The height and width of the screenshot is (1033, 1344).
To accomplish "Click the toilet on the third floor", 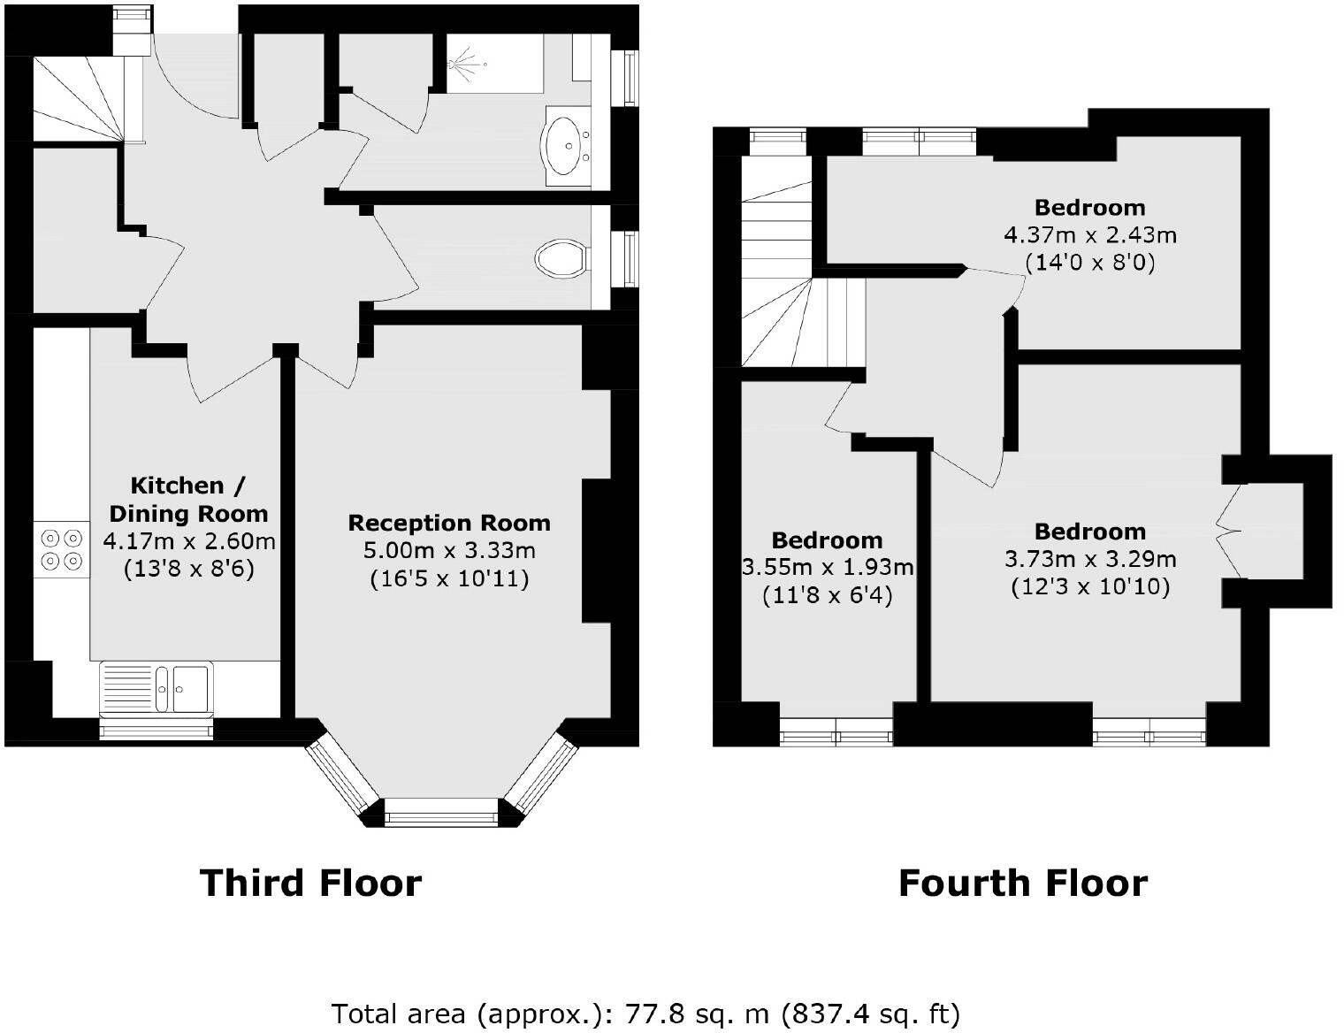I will pos(561,258).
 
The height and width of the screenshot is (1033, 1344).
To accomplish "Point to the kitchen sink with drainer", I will pos(156,686).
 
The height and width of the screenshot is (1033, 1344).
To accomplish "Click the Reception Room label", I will pos(449,523).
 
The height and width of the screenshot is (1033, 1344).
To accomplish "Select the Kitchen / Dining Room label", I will pos(187,499).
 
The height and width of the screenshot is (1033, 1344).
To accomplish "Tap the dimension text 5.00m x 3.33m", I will pos(449,551).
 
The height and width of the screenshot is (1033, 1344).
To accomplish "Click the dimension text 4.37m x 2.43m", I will pos(1089,235).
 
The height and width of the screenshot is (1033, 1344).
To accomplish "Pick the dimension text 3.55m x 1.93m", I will pos(828,568).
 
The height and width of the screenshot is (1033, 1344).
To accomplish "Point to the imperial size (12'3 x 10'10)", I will pos(1089,587).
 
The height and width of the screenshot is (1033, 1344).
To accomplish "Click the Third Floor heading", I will pos(310,883).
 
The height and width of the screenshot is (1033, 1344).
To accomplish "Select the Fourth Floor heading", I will pos(1022,883).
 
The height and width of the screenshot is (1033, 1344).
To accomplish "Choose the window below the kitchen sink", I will pos(156,730).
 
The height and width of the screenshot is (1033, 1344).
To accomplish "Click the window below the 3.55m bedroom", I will pos(836,732).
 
